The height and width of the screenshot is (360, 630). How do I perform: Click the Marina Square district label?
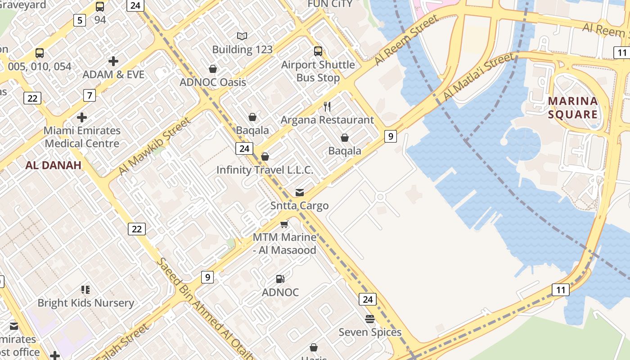(x=573, y=108)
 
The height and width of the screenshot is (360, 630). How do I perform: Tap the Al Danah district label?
(x=53, y=165)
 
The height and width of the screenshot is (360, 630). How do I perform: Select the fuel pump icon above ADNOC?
(x=280, y=279)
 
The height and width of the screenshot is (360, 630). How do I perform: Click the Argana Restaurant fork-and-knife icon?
(x=327, y=107)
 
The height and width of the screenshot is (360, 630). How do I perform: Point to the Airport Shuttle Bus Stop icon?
(x=318, y=51)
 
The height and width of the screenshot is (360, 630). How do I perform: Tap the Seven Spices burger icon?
(x=370, y=319)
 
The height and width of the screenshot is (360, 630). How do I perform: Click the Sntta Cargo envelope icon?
(x=299, y=193)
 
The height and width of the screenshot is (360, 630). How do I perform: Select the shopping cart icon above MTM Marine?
(x=284, y=224)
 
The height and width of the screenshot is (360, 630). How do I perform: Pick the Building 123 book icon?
(x=242, y=36)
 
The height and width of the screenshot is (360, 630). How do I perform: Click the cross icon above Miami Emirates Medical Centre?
(x=82, y=117)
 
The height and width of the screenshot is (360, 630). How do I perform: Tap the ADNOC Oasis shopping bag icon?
(x=213, y=69)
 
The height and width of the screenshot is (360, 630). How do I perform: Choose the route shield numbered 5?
(x=80, y=20)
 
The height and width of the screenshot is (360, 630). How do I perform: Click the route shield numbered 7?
(x=90, y=95)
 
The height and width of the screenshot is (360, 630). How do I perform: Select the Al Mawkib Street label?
(x=154, y=147)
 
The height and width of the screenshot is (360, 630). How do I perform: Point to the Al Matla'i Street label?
(x=478, y=77)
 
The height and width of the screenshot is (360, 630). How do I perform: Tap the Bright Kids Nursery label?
(x=85, y=303)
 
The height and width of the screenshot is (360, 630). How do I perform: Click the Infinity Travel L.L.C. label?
(x=265, y=170)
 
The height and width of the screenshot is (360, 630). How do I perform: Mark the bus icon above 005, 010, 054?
(x=40, y=53)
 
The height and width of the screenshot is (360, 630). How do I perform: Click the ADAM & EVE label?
(x=113, y=74)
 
